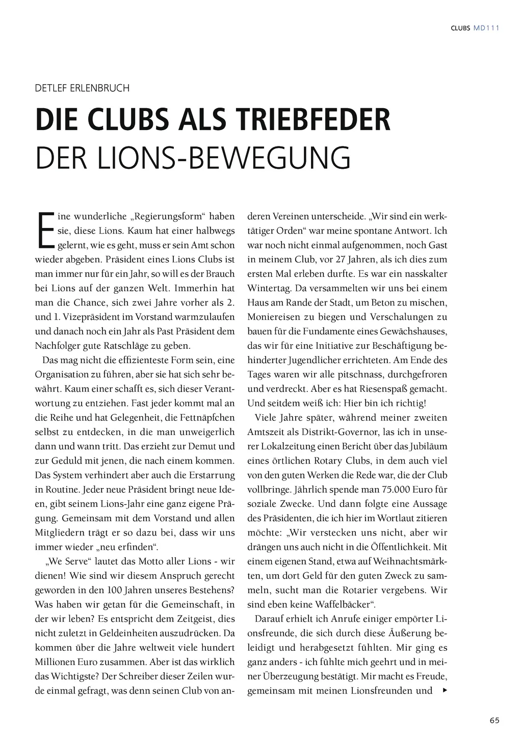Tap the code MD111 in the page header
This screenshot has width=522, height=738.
[486, 28]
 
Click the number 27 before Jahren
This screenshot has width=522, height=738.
[342, 259]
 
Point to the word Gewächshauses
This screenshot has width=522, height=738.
[413, 332]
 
